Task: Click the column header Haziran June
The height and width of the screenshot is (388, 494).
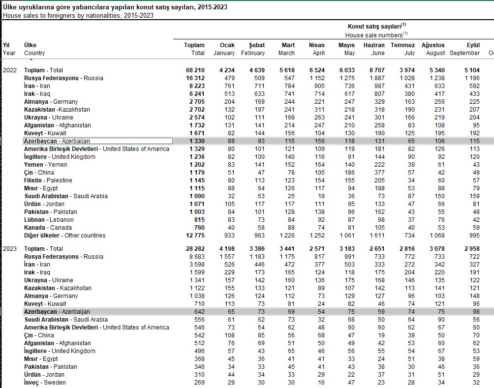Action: tap(374, 49)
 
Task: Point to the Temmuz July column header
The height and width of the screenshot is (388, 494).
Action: tap(403, 49)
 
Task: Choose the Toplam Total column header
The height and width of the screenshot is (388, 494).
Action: tap(194, 49)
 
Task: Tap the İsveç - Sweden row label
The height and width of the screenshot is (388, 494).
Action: tap(45, 383)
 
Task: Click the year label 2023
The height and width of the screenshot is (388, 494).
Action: tap(10, 249)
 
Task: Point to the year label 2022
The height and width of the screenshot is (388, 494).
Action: tap(10, 70)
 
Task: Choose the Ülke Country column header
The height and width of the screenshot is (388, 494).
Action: tap(34, 49)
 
